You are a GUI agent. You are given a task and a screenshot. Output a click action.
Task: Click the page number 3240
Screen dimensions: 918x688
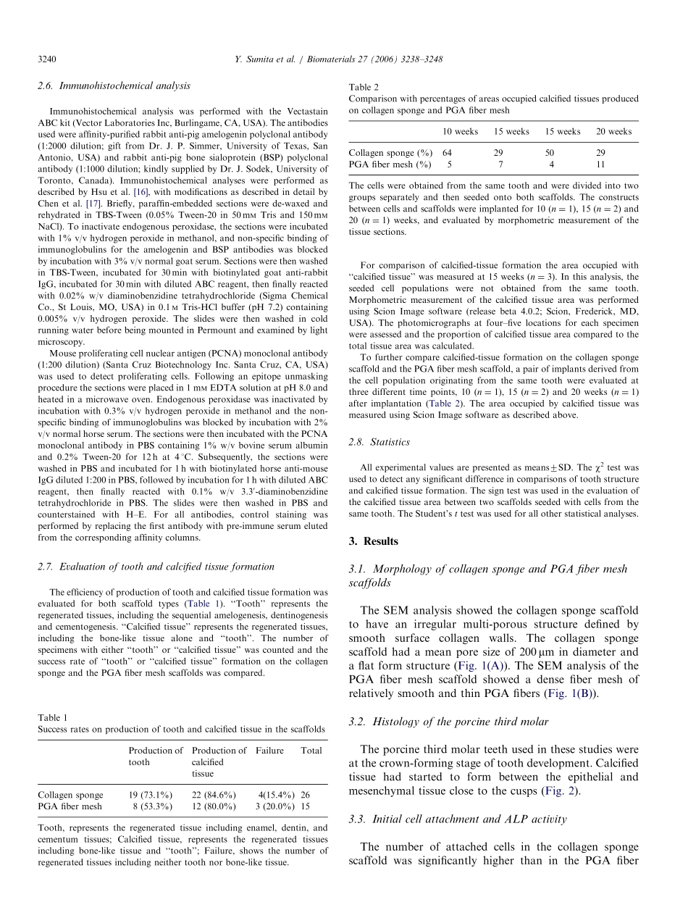tap(47, 59)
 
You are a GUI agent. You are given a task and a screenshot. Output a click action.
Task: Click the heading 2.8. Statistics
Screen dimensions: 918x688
tap(379, 441)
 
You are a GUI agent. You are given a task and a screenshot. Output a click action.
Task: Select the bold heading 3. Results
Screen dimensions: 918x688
tap(373, 541)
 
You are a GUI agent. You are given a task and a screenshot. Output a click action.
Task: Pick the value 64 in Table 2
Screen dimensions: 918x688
tap(447, 153)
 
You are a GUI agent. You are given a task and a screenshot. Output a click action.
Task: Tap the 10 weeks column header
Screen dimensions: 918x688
tap(460, 131)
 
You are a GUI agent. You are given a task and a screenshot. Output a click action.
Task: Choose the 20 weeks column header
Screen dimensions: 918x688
tap(613, 131)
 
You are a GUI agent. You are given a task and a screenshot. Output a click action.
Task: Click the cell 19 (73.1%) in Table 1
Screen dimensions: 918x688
tap(150, 795)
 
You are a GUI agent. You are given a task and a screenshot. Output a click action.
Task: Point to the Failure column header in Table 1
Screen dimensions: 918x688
tap(269, 751)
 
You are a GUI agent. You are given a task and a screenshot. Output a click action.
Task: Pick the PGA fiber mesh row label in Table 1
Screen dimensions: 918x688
tap(70, 806)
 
